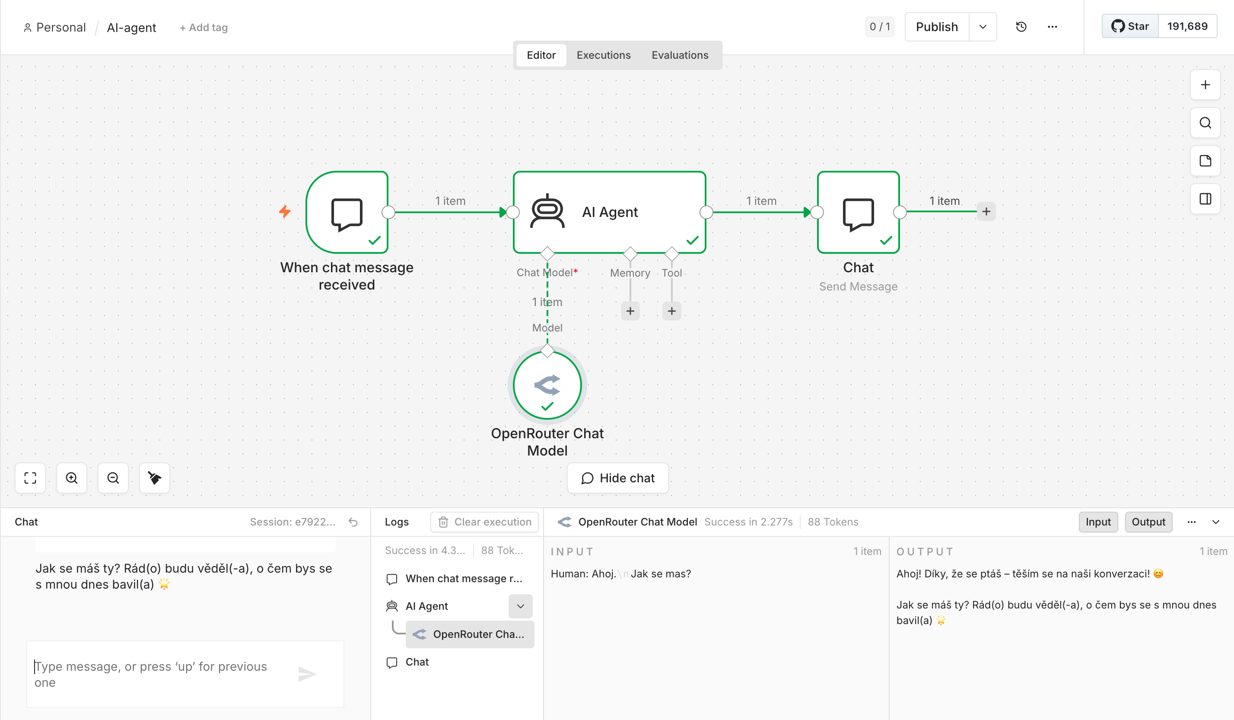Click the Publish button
tap(936, 27)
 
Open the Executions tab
tap(603, 55)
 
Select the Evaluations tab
tap(680, 55)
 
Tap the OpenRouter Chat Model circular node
tap(547, 385)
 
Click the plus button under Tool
tap(671, 311)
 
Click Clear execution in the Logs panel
tap(484, 522)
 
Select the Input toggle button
tap(1098, 522)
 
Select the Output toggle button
tap(1148, 522)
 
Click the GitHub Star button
tap(1130, 26)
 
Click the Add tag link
tap(203, 27)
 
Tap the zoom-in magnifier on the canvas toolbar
tap(71, 478)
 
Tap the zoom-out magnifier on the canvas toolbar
tap(113, 478)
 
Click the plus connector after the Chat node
tap(986, 212)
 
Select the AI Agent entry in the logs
tap(426, 606)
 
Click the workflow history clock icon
tap(1021, 27)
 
